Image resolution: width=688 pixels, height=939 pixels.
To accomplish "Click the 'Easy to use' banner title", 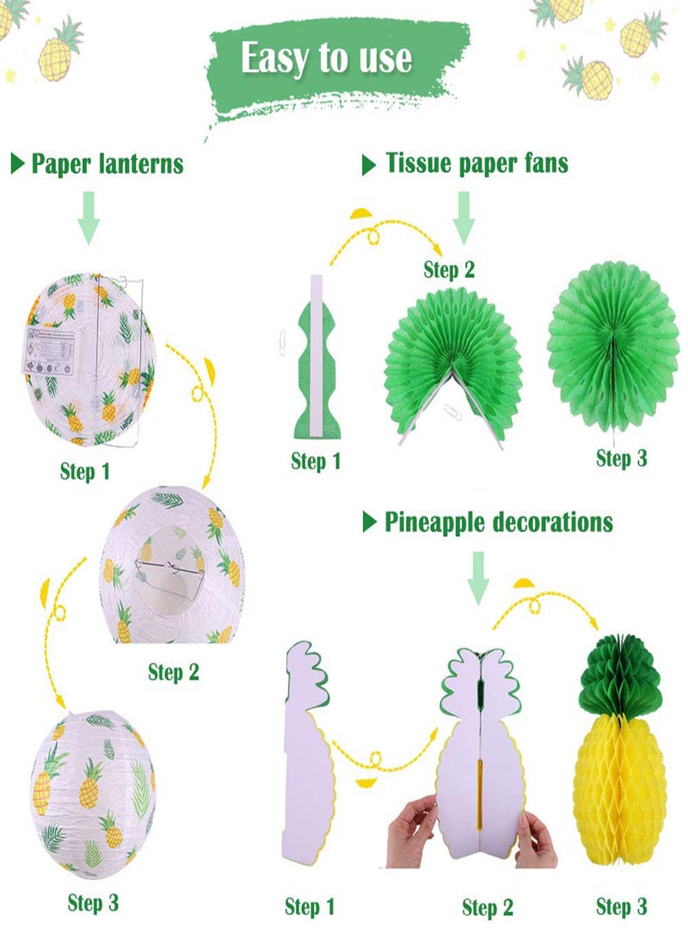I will pyautogui.click(x=326, y=59).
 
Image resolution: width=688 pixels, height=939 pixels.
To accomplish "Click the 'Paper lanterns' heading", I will pyautogui.click(x=107, y=164).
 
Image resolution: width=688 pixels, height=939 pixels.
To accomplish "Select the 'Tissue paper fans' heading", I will pyautogui.click(x=476, y=163).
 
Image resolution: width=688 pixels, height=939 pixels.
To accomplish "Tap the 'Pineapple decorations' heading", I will pyautogui.click(x=498, y=522).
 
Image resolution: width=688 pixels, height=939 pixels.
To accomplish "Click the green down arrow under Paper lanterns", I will pyautogui.click(x=89, y=216).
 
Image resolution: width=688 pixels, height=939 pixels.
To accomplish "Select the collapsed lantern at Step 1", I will pyautogui.click(x=89, y=360).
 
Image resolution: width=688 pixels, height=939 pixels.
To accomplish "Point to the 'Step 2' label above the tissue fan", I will pyautogui.click(x=449, y=269).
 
